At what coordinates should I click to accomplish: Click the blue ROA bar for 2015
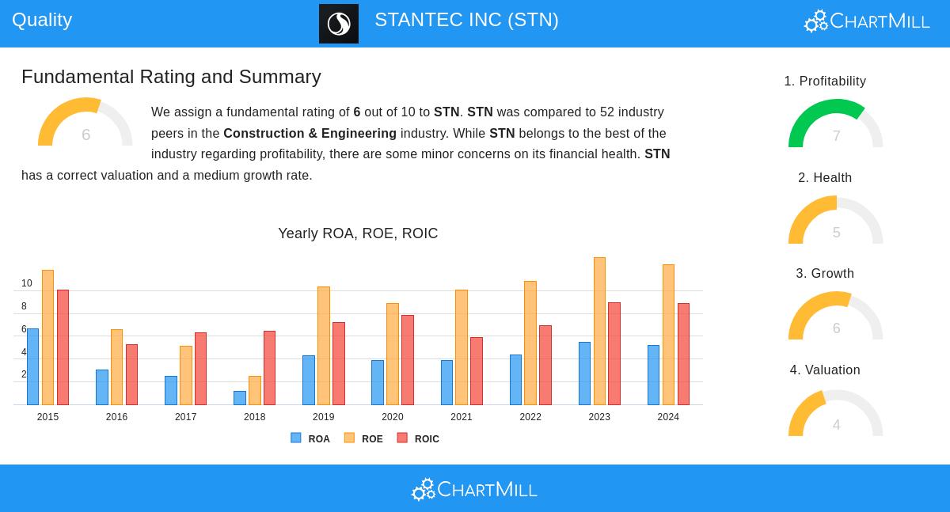pyautogui.click(x=32, y=366)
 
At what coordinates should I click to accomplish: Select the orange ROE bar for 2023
pyautogui.click(x=599, y=331)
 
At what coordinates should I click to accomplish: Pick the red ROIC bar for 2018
pyautogui.click(x=269, y=368)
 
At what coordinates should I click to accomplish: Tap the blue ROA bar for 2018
pyautogui.click(x=240, y=398)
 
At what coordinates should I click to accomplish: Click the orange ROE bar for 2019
pyautogui.click(x=324, y=346)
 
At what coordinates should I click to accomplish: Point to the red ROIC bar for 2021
pyautogui.click(x=476, y=371)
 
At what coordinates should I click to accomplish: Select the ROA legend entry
pyautogui.click(x=310, y=438)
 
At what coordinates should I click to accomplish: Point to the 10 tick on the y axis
pyautogui.click(x=27, y=283)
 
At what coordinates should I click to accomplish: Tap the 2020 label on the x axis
pyautogui.click(x=393, y=417)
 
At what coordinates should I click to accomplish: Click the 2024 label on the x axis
pyautogui.click(x=668, y=417)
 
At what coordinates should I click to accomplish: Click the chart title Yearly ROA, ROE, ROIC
pyautogui.click(x=358, y=233)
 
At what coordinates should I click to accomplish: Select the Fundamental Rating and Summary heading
pyautogui.click(x=171, y=77)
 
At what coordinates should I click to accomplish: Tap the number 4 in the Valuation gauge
pyautogui.click(x=836, y=425)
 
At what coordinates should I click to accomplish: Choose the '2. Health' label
pyautogui.click(x=825, y=178)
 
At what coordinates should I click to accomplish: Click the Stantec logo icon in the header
pyautogui.click(x=339, y=24)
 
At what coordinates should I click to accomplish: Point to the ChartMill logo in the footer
pyautogui.click(x=474, y=489)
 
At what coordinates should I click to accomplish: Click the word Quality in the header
pyautogui.click(x=42, y=20)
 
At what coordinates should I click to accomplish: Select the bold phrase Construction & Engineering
pyautogui.click(x=310, y=134)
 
